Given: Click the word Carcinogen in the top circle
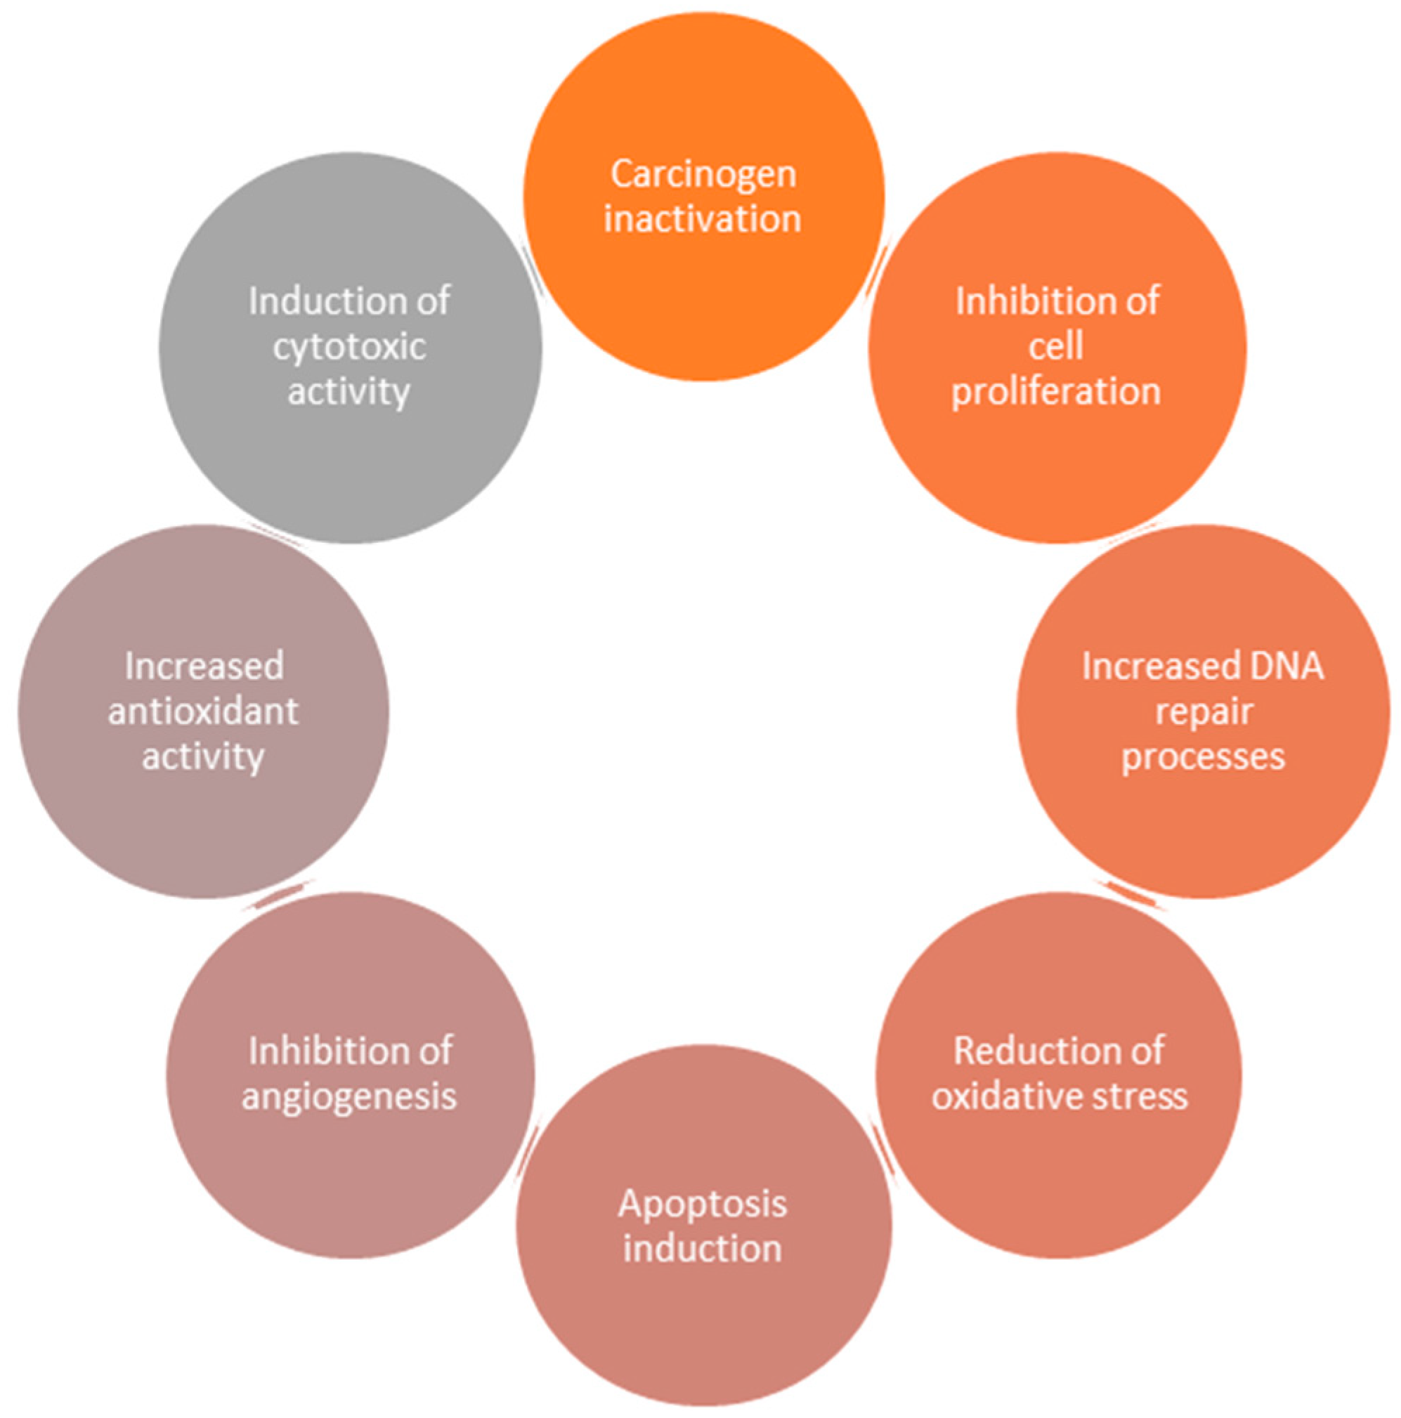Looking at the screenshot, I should tap(703, 175).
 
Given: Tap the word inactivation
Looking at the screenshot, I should tap(702, 219).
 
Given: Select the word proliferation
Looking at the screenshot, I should tap(1056, 391).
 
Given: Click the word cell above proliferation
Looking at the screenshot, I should tap(1056, 346).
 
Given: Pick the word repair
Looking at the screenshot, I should tap(1204, 711).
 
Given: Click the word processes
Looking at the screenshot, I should tap(1203, 756).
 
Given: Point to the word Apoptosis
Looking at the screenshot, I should tap(703, 1204).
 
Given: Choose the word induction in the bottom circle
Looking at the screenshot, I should tap(703, 1249).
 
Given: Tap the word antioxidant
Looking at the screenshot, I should tap(203, 711).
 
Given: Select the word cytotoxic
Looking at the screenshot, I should tap(349, 346).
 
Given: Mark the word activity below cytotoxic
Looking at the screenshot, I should tap(349, 391).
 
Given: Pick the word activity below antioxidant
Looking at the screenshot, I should tap(203, 756).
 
